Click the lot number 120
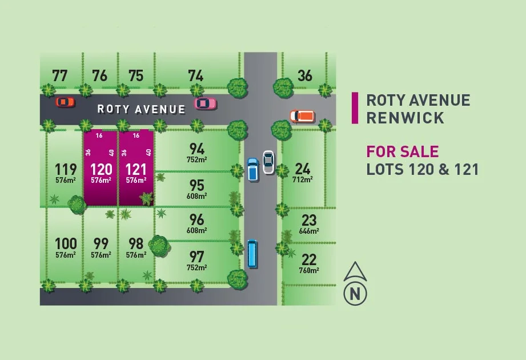(x=101, y=169)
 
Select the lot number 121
(x=136, y=169)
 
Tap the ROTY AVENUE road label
(x=141, y=109)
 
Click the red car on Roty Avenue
(x=65, y=102)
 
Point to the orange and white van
(x=302, y=116)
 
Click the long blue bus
(x=252, y=254)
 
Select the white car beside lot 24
(x=268, y=162)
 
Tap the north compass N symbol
(x=355, y=294)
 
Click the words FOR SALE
(x=403, y=151)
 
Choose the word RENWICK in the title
(x=405, y=118)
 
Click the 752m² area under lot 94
(x=196, y=159)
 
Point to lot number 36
(x=305, y=75)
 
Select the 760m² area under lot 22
(x=309, y=270)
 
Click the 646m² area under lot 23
(x=309, y=231)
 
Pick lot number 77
(x=59, y=75)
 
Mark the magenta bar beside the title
(x=355, y=108)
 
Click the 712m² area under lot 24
(x=303, y=179)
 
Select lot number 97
(x=196, y=256)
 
